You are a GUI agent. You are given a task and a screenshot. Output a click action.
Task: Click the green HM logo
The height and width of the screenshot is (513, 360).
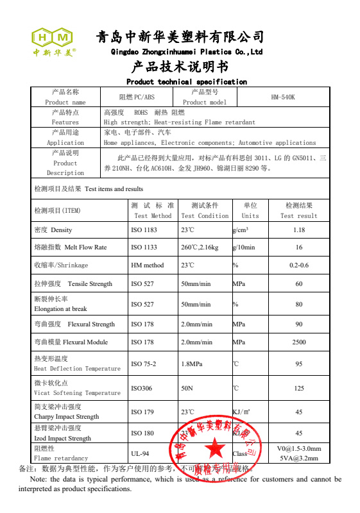coord(53,37)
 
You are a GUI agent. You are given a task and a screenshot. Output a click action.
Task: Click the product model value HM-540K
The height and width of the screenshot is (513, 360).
coord(282,97)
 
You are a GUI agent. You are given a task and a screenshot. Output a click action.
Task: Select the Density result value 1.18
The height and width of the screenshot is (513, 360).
coord(298,230)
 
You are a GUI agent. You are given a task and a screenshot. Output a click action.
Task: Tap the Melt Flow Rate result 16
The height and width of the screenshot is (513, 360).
coord(298,248)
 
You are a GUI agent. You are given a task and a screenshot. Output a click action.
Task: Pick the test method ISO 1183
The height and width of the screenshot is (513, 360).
coord(144,230)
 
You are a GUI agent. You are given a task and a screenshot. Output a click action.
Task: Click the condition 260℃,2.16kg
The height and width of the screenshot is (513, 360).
coord(200,248)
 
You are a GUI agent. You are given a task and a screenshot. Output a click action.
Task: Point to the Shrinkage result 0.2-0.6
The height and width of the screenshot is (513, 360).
coord(298,265)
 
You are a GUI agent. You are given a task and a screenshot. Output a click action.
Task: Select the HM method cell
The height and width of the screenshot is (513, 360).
coord(147,265)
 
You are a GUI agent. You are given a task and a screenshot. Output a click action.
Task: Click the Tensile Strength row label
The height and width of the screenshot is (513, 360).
coord(73,284)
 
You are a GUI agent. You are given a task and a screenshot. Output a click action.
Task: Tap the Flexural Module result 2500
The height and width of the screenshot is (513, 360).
coord(298,342)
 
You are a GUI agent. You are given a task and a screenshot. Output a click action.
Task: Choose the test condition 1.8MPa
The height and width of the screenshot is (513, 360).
coord(192,364)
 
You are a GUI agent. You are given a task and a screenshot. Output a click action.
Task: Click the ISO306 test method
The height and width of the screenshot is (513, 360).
coord(142,388)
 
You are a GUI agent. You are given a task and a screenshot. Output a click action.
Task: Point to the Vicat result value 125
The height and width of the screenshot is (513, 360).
coord(298,388)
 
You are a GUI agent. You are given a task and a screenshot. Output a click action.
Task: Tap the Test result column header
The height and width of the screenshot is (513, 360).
coord(298,211)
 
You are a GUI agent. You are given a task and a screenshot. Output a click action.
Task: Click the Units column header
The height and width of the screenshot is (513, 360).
coord(250,211)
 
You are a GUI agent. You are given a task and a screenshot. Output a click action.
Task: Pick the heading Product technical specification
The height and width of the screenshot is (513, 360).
coord(186,82)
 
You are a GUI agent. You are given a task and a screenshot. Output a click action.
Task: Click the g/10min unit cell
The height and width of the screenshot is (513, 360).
coord(244,248)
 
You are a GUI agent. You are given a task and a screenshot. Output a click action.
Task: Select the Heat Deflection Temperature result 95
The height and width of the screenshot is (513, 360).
coord(298,364)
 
